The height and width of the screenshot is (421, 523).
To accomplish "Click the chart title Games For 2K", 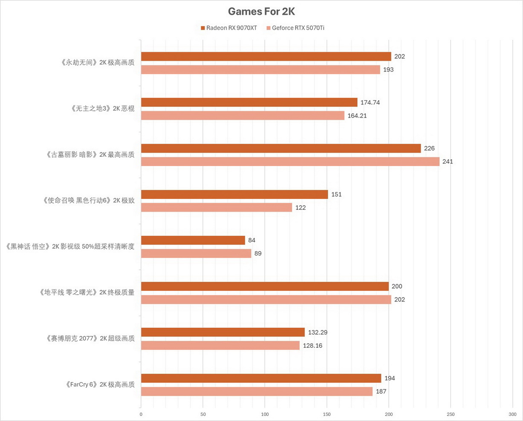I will [261, 11].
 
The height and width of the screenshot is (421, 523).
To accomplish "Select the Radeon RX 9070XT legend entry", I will [229, 28].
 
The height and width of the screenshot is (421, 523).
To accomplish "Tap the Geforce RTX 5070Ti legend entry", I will [295, 28].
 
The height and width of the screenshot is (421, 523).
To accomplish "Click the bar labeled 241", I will [290, 162].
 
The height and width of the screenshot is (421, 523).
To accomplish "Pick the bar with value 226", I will [280, 148].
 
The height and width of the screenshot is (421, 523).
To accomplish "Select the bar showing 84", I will [193, 240].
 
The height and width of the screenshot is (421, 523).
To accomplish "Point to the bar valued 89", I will [196, 253].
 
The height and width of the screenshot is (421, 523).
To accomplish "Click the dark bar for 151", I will [234, 194].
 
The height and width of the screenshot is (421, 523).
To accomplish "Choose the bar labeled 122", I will [217, 207].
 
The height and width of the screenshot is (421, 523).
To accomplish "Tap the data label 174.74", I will [370, 103].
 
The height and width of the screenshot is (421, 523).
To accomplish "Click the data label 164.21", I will [357, 116].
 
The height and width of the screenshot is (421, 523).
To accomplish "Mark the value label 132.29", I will [318, 332].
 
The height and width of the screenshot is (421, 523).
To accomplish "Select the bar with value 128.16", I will [220, 345].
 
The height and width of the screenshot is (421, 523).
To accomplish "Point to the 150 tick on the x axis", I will [327, 414].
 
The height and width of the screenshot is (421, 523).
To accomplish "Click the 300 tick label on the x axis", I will [512, 414].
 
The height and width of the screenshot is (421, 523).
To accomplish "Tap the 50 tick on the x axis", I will [203, 414].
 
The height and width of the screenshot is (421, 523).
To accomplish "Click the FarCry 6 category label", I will [100, 385].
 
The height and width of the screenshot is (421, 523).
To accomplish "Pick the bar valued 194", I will [261, 378].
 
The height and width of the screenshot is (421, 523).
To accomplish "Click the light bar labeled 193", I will [260, 69].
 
